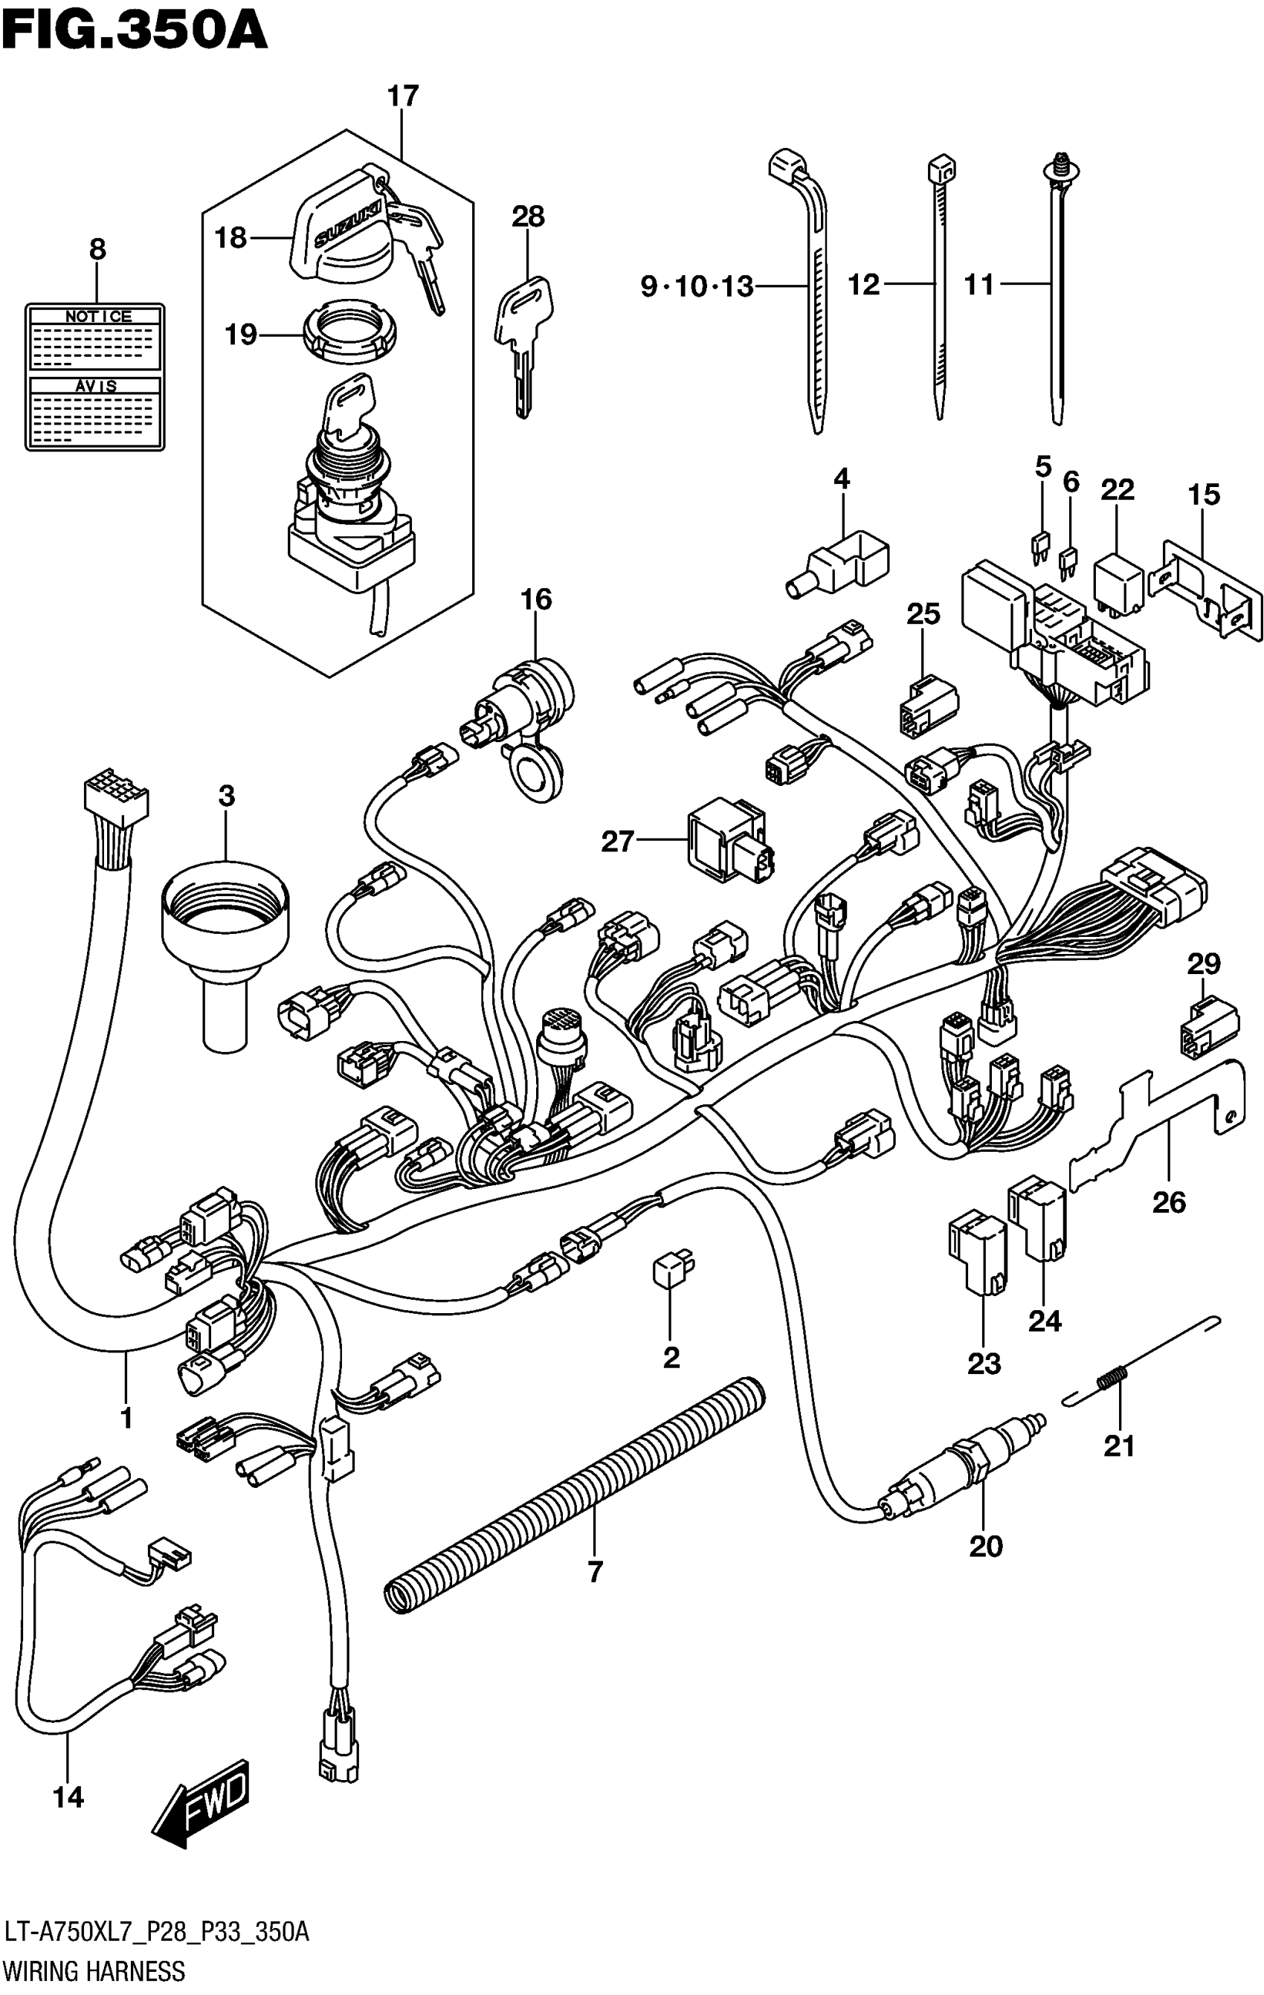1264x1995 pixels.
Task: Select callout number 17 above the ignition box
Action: pyautogui.click(x=404, y=96)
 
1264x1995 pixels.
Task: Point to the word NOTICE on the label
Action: pyautogui.click(x=97, y=316)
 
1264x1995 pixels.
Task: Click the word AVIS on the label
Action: pyautogui.click(x=96, y=385)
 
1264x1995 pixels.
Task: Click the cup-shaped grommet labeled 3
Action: pyautogui.click(x=225, y=944)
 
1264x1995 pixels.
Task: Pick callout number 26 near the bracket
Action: pyautogui.click(x=1169, y=1202)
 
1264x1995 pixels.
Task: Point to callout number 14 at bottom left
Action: pyautogui.click(x=68, y=1797)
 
